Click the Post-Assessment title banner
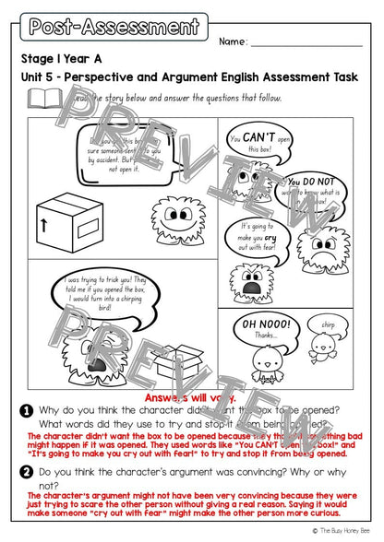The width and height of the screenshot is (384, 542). [x=114, y=25]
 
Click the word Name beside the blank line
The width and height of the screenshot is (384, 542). [x=234, y=41]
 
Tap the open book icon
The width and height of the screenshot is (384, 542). [x=42, y=98]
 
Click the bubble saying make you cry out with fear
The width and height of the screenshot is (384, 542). [x=261, y=232]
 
